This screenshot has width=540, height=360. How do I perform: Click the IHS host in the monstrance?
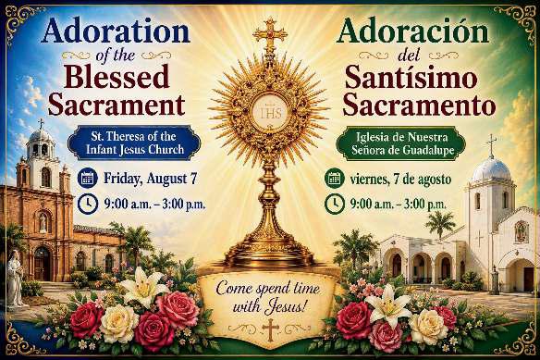(271, 112)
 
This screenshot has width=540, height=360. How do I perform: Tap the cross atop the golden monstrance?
(270, 35)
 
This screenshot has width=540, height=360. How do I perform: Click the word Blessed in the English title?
(117, 77)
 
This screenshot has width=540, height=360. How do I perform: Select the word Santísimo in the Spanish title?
(411, 78)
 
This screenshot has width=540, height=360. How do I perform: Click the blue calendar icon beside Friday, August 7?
(88, 178)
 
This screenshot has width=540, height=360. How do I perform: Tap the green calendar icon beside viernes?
(335, 179)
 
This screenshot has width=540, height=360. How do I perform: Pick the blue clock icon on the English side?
(88, 204)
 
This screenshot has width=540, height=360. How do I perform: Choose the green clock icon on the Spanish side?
(335, 204)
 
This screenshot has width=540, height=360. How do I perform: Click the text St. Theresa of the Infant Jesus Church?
(134, 143)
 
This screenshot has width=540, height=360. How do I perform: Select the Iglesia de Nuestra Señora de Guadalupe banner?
(402, 143)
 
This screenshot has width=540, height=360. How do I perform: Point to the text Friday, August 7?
(150, 179)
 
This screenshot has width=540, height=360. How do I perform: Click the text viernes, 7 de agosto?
(400, 180)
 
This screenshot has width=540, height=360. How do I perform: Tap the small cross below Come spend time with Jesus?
(270, 329)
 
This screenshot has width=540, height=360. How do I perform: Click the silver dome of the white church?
(491, 170)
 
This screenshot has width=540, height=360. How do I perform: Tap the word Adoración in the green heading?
(412, 31)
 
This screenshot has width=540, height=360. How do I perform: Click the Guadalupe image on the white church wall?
(522, 231)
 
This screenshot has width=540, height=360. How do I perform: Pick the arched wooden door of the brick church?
(42, 264)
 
